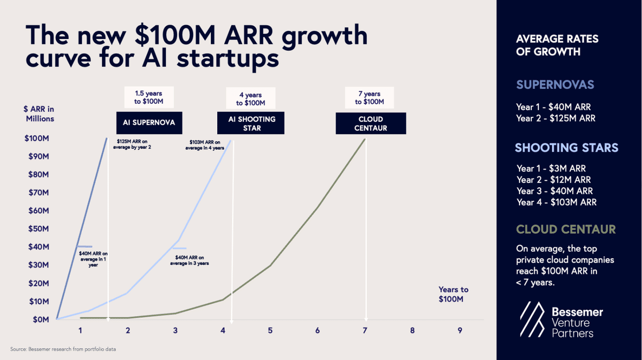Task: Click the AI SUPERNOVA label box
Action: click(149, 123)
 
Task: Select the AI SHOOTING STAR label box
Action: click(250, 123)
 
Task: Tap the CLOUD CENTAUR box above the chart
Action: click(371, 123)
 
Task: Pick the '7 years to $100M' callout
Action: click(369, 98)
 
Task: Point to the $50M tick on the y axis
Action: click(39, 229)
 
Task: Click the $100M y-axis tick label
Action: click(37, 139)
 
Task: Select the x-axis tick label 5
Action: click(270, 331)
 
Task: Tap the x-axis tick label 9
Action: click(460, 331)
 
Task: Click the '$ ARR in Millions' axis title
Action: click(40, 114)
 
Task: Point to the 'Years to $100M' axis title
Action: click(451, 294)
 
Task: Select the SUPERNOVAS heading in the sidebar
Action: click(555, 85)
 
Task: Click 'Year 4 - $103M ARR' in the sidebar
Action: click(556, 202)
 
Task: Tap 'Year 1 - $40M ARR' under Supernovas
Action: click(553, 107)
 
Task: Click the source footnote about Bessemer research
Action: click(63, 349)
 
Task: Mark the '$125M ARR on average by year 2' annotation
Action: click(132, 144)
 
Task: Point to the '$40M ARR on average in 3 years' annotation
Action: click(191, 260)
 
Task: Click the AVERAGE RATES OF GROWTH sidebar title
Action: click(557, 45)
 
